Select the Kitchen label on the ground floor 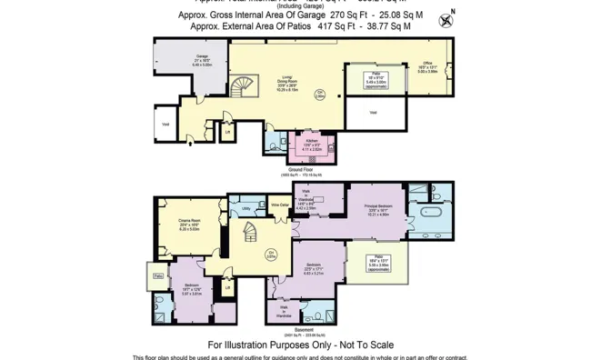[x=311, y=144]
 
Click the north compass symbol [x=446, y=19]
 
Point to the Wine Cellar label [x=280, y=205]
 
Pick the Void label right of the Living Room [x=373, y=112]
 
